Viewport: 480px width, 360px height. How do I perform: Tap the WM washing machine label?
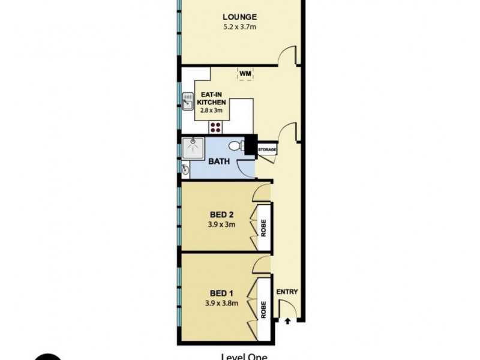coord(245,74)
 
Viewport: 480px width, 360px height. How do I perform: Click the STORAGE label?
coord(267,148)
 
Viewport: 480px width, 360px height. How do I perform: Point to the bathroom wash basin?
coord(185,170)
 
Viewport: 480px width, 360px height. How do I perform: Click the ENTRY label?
coord(287,292)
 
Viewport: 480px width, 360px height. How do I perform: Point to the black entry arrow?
coord(287,321)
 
